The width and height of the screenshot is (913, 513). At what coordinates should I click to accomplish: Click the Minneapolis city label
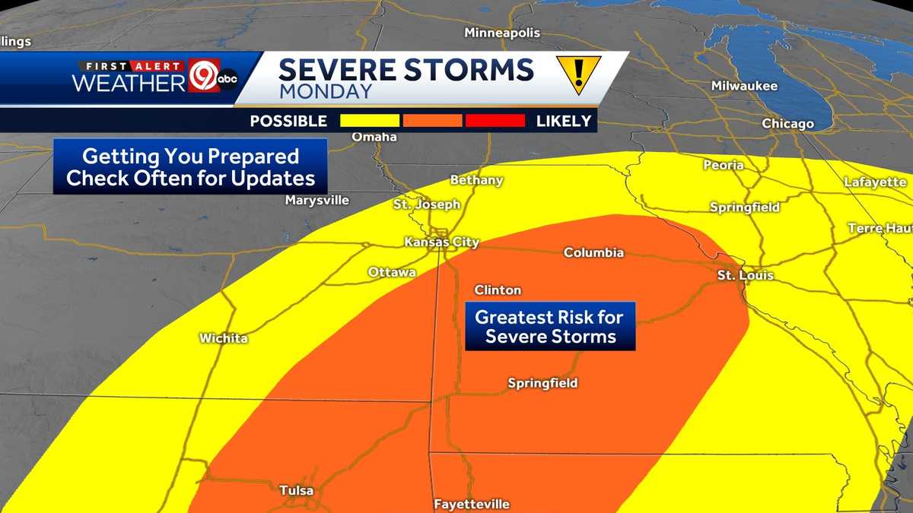[502, 33]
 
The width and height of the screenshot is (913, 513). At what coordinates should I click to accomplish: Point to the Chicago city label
[788, 123]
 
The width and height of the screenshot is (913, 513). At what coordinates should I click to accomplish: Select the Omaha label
[374, 137]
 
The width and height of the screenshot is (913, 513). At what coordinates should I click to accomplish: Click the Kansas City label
[441, 242]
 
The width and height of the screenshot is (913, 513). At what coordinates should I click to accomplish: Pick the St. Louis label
[746, 275]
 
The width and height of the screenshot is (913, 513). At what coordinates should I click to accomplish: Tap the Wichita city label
[224, 338]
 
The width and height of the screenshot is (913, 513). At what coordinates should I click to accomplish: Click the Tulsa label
[297, 490]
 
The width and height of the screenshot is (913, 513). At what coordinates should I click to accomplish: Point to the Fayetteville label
[472, 504]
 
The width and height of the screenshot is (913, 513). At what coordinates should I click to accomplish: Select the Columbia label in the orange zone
[593, 252]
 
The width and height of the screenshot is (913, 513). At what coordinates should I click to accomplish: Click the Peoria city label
[724, 165]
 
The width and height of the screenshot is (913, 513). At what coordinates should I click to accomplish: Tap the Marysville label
[317, 201]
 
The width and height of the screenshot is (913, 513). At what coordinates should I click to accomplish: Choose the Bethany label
[477, 180]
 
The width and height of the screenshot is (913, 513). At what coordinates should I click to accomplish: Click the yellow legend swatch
[370, 121]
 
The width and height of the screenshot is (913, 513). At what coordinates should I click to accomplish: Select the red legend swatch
[495, 121]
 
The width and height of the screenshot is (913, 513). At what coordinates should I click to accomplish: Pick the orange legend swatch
[432, 121]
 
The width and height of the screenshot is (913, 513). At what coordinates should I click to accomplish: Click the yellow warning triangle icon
[578, 74]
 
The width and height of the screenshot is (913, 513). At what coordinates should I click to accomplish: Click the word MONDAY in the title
[326, 92]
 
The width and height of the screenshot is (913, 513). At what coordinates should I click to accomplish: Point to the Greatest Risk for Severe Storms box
[550, 327]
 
